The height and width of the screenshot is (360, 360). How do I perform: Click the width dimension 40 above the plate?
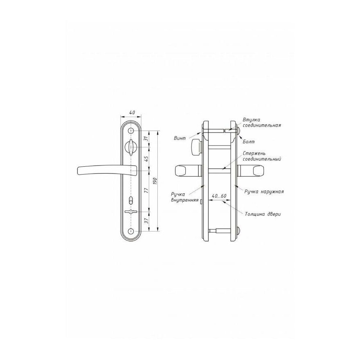pyautogui.click(x=132, y=112)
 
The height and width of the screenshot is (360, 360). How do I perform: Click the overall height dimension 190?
pyautogui.click(x=155, y=181)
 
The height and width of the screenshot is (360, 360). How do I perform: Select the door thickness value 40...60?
pyautogui.click(x=219, y=196)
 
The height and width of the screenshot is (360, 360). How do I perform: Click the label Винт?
pyautogui.click(x=180, y=138)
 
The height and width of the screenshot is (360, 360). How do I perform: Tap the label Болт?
pyautogui.click(x=249, y=141)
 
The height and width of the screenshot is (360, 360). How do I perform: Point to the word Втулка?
pyautogui.click(x=251, y=120)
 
